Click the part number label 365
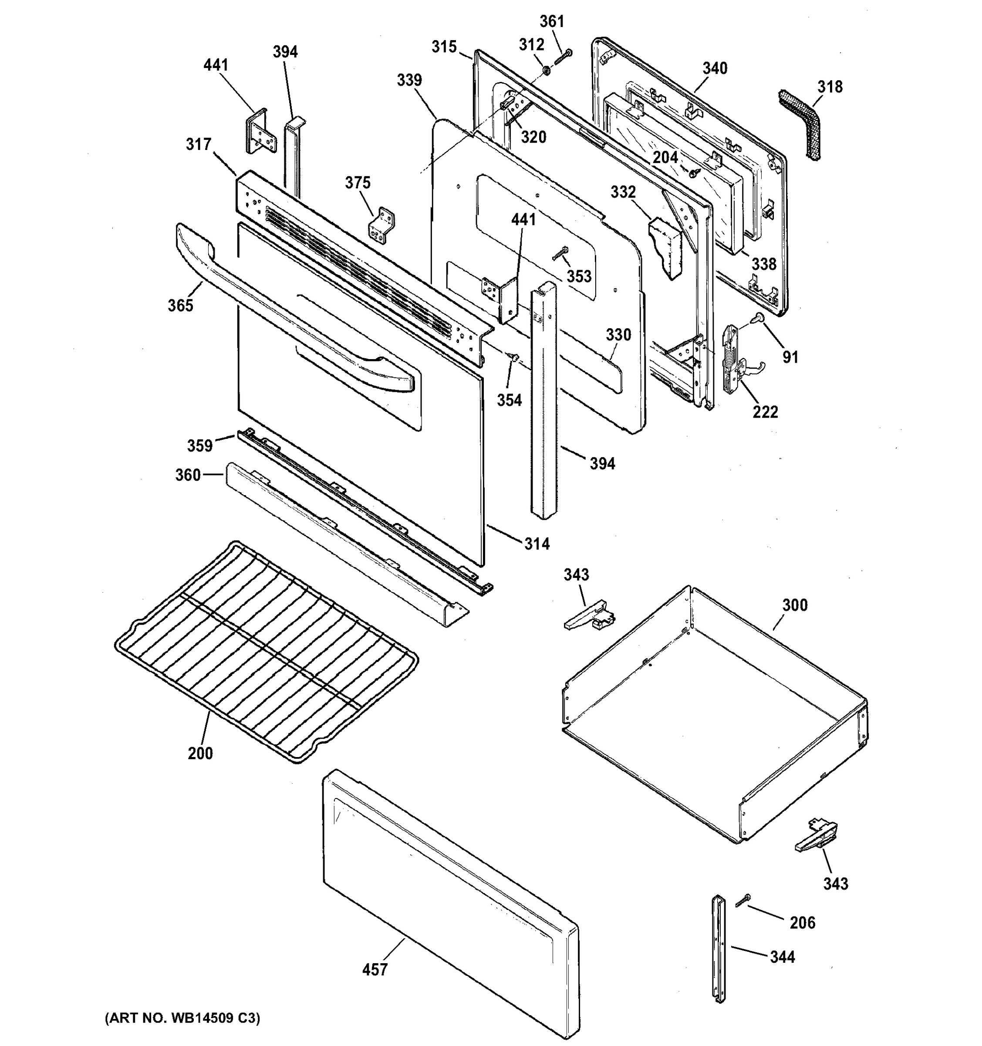(x=180, y=305)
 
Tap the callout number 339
(x=409, y=81)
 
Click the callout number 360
(x=188, y=475)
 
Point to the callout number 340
(x=715, y=68)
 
